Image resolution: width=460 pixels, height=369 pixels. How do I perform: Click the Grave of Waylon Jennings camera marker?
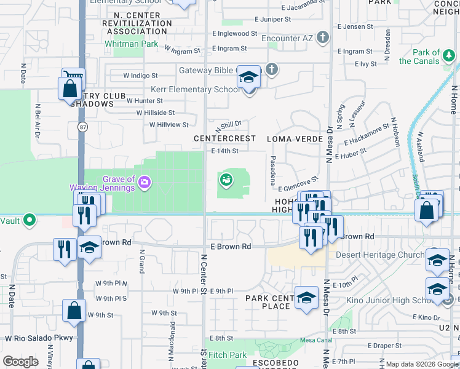(145, 181)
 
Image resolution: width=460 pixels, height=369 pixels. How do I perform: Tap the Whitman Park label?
(130, 44)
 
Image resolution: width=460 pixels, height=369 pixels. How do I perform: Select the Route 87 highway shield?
(82, 127)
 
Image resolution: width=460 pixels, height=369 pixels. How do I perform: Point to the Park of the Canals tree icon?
(450, 57)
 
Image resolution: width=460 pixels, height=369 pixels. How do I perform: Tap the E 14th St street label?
(224, 151)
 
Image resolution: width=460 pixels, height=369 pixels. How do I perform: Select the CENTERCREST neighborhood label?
(224, 138)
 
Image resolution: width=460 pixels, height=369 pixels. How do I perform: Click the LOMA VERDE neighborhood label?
(295, 139)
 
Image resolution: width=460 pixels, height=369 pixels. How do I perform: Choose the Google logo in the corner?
(20, 361)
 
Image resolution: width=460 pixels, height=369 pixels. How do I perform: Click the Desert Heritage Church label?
(380, 255)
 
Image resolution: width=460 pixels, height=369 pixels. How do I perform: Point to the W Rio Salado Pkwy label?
(39, 338)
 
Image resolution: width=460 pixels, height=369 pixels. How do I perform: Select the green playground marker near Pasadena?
(226, 180)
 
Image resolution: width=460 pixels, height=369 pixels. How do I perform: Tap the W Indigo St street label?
(140, 76)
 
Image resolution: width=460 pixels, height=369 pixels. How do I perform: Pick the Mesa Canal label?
(314, 340)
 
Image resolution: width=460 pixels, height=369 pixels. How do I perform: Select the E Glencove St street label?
(298, 184)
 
